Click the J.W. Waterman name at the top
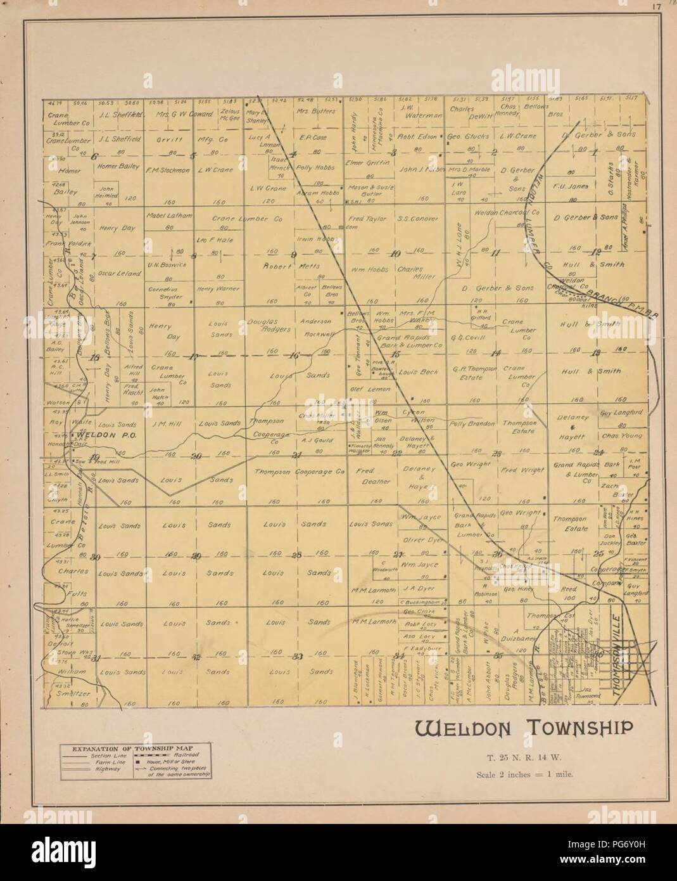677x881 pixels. click(x=417, y=112)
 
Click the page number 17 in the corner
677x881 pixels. click(x=659, y=7)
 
